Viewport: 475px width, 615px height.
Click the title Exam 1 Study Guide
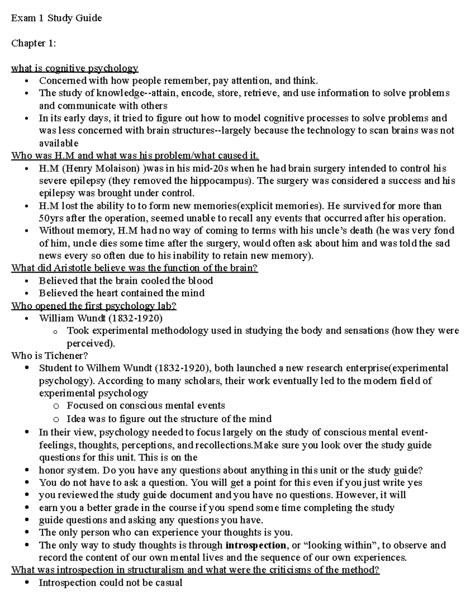[56, 18]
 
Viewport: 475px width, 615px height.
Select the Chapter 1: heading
[34, 43]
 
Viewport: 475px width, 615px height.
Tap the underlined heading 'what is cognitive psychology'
[74, 68]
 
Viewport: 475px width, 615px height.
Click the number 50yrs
[51, 218]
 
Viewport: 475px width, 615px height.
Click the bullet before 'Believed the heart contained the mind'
[27, 293]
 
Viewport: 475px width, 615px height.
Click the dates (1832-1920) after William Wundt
[135, 318]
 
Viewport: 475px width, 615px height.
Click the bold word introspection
[255, 545]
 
